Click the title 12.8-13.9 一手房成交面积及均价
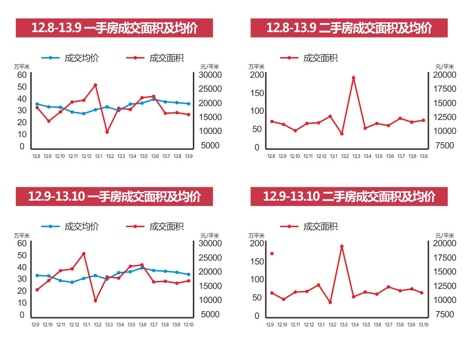tap(114, 28)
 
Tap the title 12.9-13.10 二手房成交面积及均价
tap(349, 196)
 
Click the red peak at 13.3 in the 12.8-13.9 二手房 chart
tap(353, 78)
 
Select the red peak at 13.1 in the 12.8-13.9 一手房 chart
tap(95, 85)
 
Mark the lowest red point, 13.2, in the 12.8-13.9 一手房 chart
tap(107, 132)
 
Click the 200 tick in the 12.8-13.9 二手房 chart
tap(258, 74)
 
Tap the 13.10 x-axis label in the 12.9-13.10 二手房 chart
tap(423, 325)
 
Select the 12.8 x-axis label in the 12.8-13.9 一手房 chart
tap(36, 156)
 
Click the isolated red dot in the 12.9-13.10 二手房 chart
tap(272, 253)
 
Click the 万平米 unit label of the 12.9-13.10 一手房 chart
tap(22, 236)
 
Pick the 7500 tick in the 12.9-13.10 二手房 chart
tap(444, 315)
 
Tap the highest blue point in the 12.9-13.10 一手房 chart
tap(142, 268)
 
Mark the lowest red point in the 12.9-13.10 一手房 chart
tap(95, 300)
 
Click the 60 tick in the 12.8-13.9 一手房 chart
tap(22, 74)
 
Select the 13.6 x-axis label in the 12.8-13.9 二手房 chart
tap(390, 156)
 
